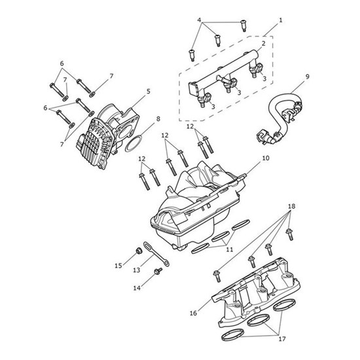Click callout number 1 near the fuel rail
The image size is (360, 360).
(281, 20)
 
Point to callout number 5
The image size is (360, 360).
(148, 92)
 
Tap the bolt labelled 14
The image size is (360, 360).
(157, 272)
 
